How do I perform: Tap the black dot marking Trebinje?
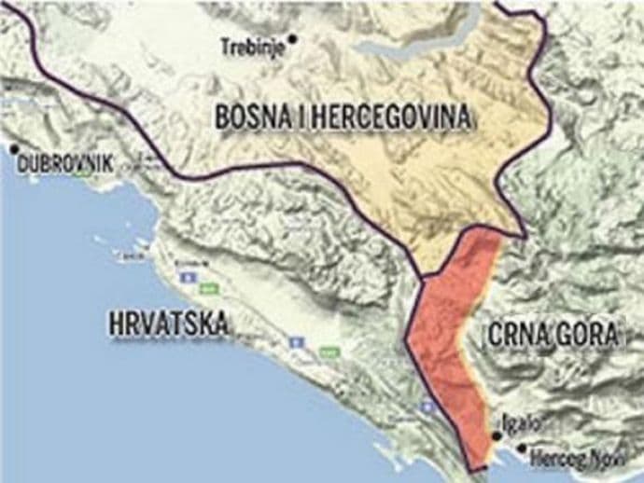tap(292, 38)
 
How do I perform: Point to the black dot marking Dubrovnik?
tap(14, 148)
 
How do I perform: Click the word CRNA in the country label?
tap(520, 336)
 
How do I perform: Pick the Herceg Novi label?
tap(569, 459)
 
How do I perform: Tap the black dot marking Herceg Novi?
tap(521, 448)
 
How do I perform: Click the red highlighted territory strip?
tap(453, 336)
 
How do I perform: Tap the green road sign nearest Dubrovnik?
tap(210, 288)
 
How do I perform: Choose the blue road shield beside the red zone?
tap(427, 407)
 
